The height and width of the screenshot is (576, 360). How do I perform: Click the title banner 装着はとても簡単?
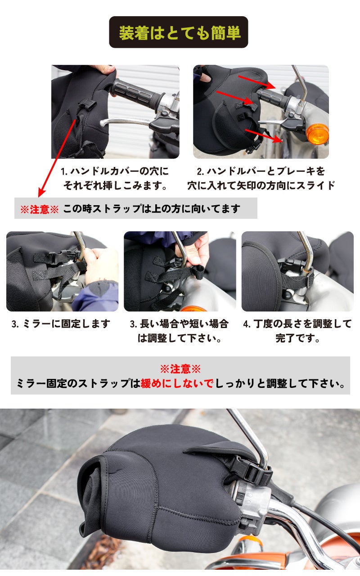(179, 32)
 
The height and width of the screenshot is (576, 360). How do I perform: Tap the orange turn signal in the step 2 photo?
(318, 134)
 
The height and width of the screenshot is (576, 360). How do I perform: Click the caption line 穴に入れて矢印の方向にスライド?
(261, 185)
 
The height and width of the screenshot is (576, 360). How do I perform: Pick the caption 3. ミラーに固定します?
(61, 324)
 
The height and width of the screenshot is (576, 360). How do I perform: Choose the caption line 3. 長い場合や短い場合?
(179, 324)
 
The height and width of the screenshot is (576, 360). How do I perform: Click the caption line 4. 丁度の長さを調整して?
(297, 324)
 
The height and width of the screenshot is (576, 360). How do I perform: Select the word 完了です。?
(297, 338)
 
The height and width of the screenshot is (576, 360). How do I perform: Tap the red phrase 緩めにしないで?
(177, 383)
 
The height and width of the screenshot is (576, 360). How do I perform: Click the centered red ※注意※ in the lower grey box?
(180, 369)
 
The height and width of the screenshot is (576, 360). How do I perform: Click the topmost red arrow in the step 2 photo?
(256, 82)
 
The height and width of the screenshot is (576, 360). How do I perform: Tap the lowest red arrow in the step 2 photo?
(263, 136)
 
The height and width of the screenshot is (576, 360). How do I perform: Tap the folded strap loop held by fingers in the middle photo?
(199, 273)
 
